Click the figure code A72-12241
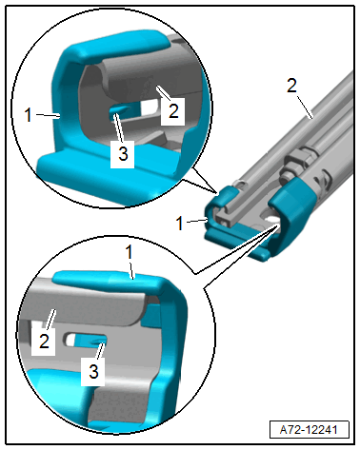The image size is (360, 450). (x=309, y=430)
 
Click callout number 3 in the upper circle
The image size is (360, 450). (x=123, y=153)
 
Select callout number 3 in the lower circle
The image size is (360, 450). (x=93, y=371)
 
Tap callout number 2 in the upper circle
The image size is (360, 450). (x=173, y=110)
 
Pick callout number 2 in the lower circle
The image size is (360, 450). (x=44, y=342)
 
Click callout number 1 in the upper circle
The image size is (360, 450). (x=29, y=115)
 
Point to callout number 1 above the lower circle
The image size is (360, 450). (x=129, y=253)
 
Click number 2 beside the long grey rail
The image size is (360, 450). (x=291, y=85)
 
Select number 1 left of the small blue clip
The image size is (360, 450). (x=180, y=224)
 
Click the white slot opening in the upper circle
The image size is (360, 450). (x=150, y=108)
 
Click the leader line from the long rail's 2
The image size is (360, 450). (x=305, y=108)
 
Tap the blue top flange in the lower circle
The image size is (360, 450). (x=108, y=278)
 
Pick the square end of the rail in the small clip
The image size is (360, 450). (x=225, y=220)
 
